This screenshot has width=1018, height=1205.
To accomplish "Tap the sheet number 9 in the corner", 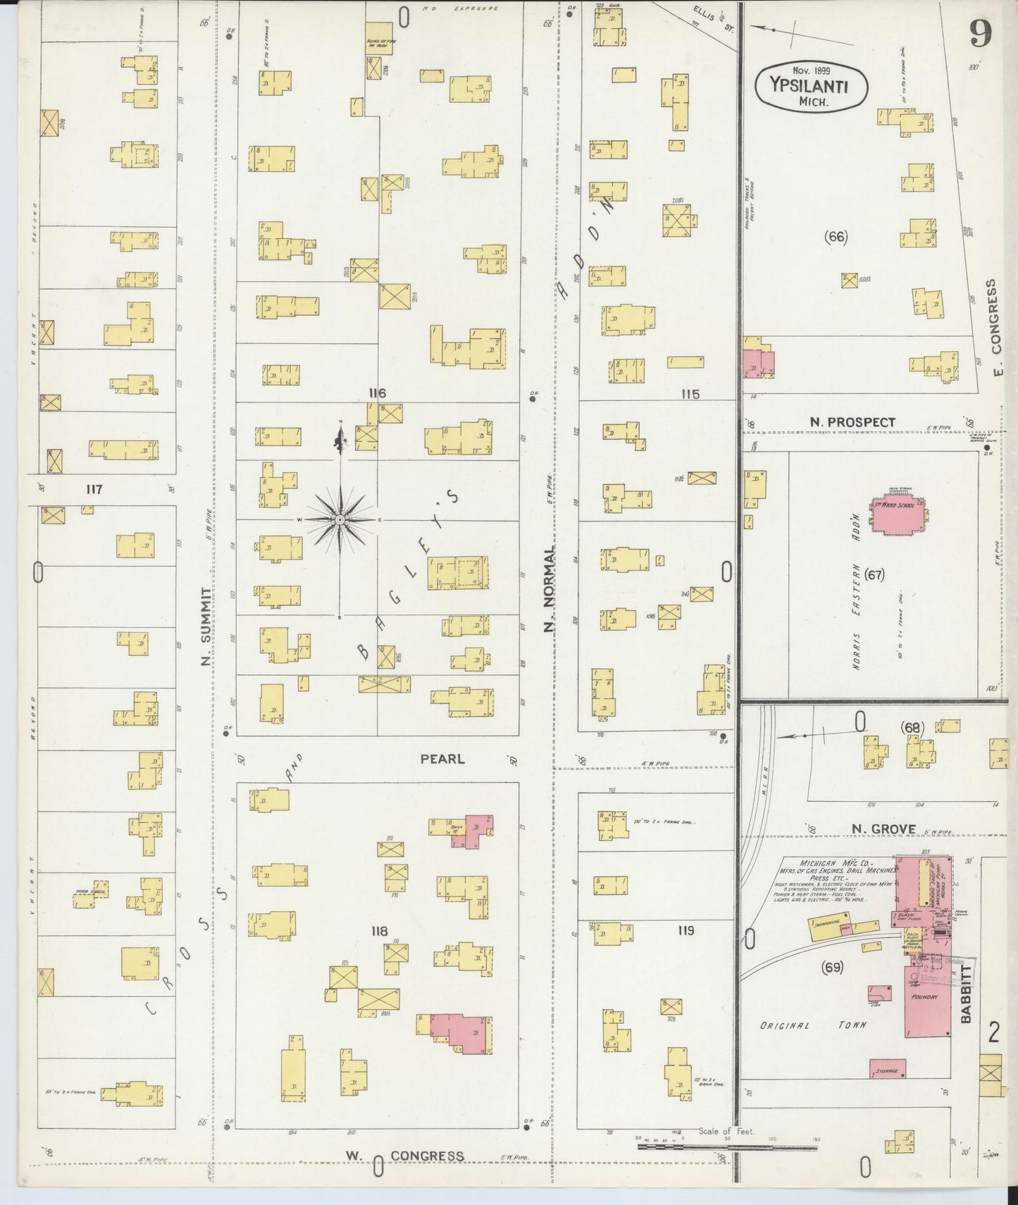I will click(x=980, y=33).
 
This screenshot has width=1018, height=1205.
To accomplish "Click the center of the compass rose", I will click(x=340, y=519).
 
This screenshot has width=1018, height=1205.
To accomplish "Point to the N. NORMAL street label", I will click(x=550, y=586).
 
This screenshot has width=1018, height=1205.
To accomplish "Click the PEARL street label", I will click(x=442, y=759).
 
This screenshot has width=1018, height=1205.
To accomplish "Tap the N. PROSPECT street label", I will click(x=852, y=422).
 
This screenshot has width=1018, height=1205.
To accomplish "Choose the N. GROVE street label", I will click(x=883, y=829).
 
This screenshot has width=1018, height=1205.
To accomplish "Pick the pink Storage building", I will click(x=887, y=1068).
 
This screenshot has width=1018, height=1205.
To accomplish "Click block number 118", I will click(x=379, y=932).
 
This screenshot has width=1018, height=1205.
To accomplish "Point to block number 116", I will click(x=376, y=393).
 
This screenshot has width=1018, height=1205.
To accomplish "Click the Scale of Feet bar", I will click(x=726, y=1147).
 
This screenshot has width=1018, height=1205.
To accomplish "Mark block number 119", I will click(x=685, y=930).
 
